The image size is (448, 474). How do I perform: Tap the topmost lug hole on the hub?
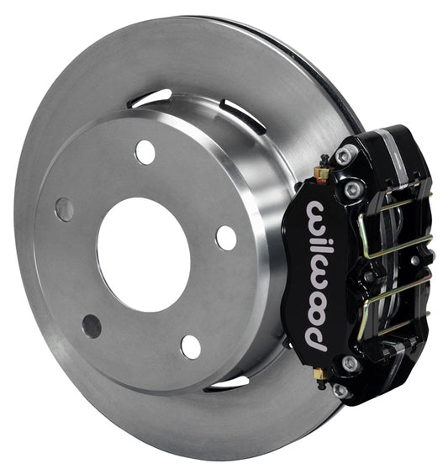pyautogui.click(x=145, y=152)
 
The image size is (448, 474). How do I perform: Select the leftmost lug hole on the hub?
pyautogui.click(x=65, y=209)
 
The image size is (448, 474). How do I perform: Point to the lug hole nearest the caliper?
pyautogui.click(x=226, y=238)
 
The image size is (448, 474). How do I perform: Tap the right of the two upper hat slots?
pyautogui.click(x=243, y=116)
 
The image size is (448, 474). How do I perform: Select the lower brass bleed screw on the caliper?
pyautogui.click(x=319, y=372)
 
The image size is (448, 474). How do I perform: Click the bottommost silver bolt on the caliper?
pyautogui.click(x=340, y=390)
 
